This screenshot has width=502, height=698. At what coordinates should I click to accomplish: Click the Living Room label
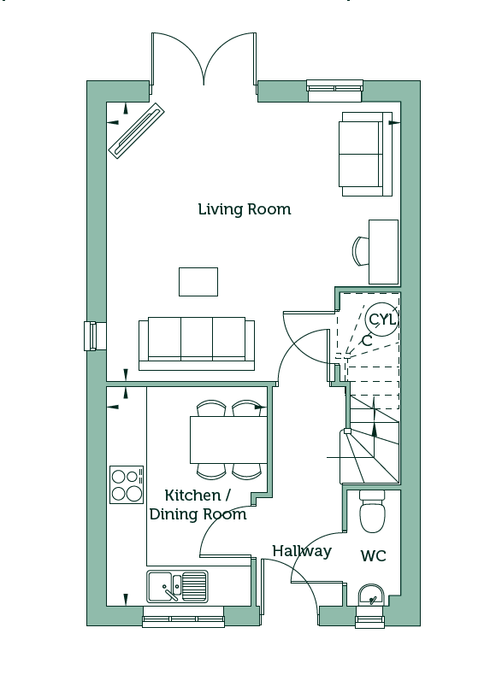pos(245,208)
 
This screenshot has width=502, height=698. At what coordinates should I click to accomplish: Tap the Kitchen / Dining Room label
pos(198,505)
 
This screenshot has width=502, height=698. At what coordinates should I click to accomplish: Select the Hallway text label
pos(302,551)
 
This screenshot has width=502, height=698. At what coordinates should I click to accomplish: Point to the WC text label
pos(373,556)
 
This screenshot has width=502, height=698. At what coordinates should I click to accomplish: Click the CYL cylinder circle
pos(381,320)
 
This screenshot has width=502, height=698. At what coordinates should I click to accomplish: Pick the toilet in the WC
pos(372,512)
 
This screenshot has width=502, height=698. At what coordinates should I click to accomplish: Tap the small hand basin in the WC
pos(370,595)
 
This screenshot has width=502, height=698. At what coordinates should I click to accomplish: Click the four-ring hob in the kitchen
pos(127,484)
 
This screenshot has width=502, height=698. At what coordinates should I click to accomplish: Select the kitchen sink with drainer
pos(177,587)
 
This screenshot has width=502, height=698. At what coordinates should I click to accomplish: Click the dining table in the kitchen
pos(228,440)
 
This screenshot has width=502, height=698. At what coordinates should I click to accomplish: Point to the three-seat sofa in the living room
pos(197,343)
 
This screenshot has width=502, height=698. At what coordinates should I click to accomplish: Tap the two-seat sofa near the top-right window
pos(365,154)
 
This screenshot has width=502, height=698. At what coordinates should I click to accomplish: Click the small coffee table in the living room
pos(198,282)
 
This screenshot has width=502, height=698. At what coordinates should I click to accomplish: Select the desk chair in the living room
pos(361,250)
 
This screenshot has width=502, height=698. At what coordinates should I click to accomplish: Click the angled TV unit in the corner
pos(137,131)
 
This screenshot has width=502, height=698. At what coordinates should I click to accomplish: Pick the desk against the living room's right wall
pos(383,251)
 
